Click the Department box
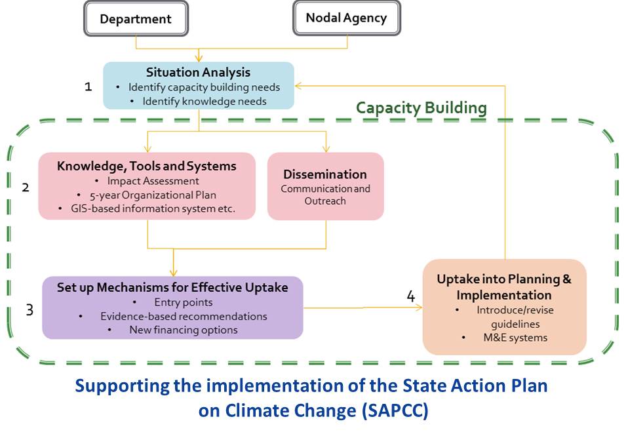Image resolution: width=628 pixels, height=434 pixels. (x=136, y=18)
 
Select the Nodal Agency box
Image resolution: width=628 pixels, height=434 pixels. (x=346, y=18)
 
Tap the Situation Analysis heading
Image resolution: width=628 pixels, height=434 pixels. (x=198, y=73)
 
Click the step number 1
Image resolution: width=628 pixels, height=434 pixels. (x=88, y=87)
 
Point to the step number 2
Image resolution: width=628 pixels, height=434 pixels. (x=25, y=187)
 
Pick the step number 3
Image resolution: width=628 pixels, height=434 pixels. (x=29, y=310)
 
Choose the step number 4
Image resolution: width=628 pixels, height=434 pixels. (x=411, y=296)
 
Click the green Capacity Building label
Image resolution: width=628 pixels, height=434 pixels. (x=422, y=108)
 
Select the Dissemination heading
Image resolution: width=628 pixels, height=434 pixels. (x=324, y=174)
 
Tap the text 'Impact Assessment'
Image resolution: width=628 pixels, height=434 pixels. (x=153, y=181)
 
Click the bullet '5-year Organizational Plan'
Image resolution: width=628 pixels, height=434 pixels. (x=153, y=195)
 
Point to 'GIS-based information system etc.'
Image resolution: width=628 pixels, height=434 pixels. (x=153, y=208)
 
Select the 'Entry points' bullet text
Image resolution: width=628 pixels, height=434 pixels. (x=184, y=302)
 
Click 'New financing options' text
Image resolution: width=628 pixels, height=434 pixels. (x=184, y=330)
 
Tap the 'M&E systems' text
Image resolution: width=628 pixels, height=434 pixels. (x=515, y=338)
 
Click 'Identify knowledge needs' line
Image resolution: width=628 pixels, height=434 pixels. (x=205, y=102)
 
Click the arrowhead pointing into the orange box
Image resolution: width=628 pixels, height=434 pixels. (x=419, y=307)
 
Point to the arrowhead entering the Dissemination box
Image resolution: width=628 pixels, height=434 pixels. (x=326, y=149)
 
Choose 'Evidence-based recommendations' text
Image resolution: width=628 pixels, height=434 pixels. (x=184, y=316)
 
